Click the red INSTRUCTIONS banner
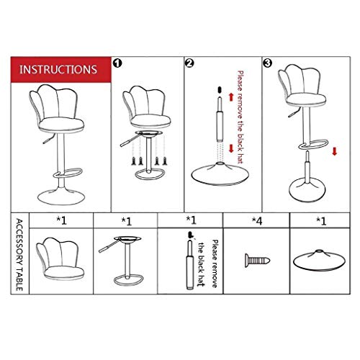pyautogui.click(x=60, y=71)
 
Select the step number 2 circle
pyautogui.click(x=189, y=63)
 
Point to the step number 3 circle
pyautogui.click(x=267, y=63)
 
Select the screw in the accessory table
pyautogui.click(x=258, y=258)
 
